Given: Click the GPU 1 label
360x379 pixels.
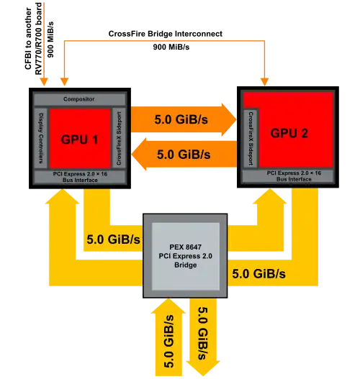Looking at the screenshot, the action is [x=80, y=140].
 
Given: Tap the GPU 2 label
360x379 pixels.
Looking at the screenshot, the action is [x=289, y=133].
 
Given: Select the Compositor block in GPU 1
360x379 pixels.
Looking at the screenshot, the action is [x=80, y=99].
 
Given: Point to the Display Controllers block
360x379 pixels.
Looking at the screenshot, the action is [x=41, y=138].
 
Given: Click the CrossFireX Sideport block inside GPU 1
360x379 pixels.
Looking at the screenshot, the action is [x=119, y=138].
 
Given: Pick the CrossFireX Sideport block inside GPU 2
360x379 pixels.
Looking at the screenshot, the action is [x=251, y=138].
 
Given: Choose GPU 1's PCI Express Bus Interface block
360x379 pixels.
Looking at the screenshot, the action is [x=80, y=177].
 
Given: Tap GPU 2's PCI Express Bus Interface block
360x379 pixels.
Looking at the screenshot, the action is [x=289, y=176].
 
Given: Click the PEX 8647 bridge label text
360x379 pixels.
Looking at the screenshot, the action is [x=185, y=256].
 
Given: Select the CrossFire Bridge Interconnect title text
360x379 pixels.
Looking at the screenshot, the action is [x=166, y=34].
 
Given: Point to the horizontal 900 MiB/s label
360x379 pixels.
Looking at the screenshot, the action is [x=171, y=47].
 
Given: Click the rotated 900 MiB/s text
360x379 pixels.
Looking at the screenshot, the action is [x=50, y=40].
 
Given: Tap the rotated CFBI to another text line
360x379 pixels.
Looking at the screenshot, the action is [x=28, y=38].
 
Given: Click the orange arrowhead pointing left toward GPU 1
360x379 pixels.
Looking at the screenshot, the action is [x=139, y=154].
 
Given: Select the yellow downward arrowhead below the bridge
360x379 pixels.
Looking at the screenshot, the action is [x=203, y=368].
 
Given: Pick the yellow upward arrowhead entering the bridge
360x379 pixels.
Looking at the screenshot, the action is [x=168, y=306].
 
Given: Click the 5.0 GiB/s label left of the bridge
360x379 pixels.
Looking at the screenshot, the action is [x=113, y=239].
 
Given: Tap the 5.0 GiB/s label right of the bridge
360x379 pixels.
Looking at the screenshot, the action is [x=258, y=273].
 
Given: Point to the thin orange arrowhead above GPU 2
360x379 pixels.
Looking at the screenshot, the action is [x=265, y=82].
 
